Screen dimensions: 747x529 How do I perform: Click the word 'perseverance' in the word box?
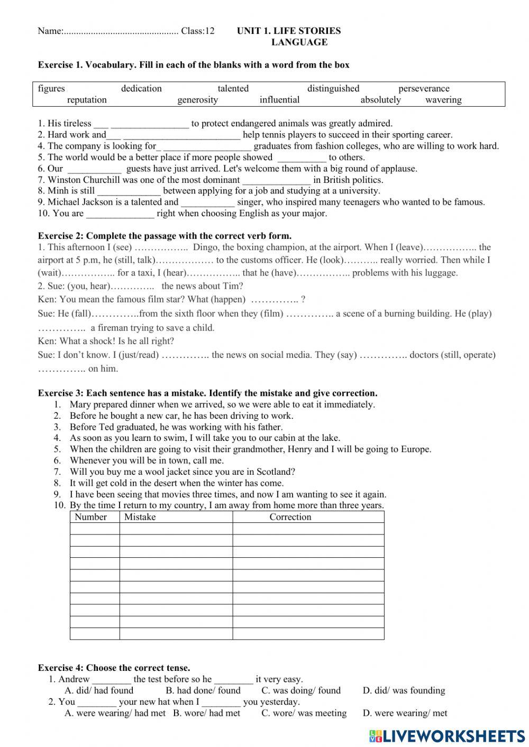coord(424,88)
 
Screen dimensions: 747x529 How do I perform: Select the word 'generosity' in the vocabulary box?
coord(197,100)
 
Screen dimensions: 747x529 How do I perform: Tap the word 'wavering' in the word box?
coord(443,100)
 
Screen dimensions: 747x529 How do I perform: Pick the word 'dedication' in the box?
coord(141,88)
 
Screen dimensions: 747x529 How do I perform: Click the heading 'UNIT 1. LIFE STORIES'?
coord(289,31)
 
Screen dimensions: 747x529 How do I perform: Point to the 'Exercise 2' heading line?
coord(165,236)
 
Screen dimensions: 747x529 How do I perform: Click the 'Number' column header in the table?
coord(90,517)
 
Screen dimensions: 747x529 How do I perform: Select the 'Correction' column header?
coord(290,517)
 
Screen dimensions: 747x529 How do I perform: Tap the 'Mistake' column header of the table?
coord(140,517)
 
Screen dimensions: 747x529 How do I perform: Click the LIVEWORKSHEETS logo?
coord(447,736)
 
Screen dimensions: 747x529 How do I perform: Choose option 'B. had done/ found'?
coord(203,690)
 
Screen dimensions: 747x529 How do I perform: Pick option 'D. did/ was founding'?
coord(404,690)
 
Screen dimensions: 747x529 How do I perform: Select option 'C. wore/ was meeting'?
coord(304,713)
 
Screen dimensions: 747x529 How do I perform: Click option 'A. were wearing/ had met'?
coord(115,713)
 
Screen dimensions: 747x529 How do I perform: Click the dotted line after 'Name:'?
coord(121,31)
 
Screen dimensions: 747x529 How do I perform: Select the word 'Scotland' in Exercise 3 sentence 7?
coord(275,472)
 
